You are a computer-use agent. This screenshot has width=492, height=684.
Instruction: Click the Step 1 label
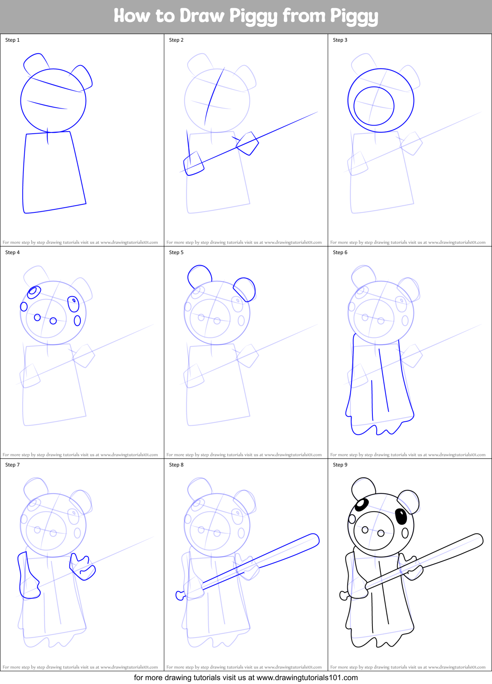[x=12, y=40]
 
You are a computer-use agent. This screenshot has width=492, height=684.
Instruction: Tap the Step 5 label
[x=176, y=252]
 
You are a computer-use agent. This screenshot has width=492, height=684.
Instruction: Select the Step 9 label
[x=340, y=465]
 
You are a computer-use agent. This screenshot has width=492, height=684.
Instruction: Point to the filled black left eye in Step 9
[x=361, y=505]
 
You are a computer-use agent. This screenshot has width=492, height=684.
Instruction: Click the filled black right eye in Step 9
[x=401, y=516]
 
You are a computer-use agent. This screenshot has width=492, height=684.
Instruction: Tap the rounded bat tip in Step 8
[x=314, y=539]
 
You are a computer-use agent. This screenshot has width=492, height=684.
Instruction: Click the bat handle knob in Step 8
[x=180, y=595]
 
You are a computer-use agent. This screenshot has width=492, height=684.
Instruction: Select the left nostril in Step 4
[x=37, y=318]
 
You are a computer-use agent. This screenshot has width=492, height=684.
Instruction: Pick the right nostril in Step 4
[x=53, y=321]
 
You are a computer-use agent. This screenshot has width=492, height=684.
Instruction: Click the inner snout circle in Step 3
[x=374, y=106]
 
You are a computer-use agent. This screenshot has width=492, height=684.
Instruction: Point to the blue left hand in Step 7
[x=29, y=577]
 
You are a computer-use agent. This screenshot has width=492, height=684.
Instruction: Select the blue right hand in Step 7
[x=82, y=567]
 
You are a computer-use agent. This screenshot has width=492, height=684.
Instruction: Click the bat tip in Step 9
[x=478, y=539]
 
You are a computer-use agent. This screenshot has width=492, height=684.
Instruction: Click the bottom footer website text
[x=246, y=678]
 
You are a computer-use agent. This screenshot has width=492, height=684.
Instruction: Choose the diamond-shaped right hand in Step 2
[x=248, y=143]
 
